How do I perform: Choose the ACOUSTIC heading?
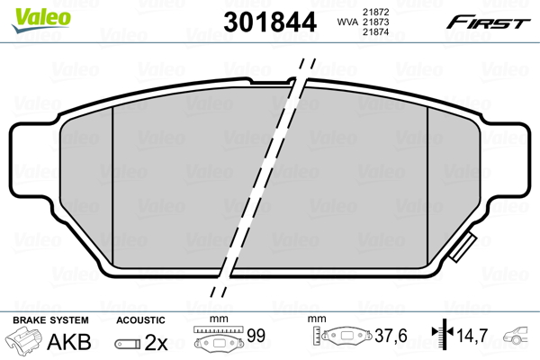pyautogui.click(x=140, y=319)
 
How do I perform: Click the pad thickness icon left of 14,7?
pyautogui.click(x=442, y=338)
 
